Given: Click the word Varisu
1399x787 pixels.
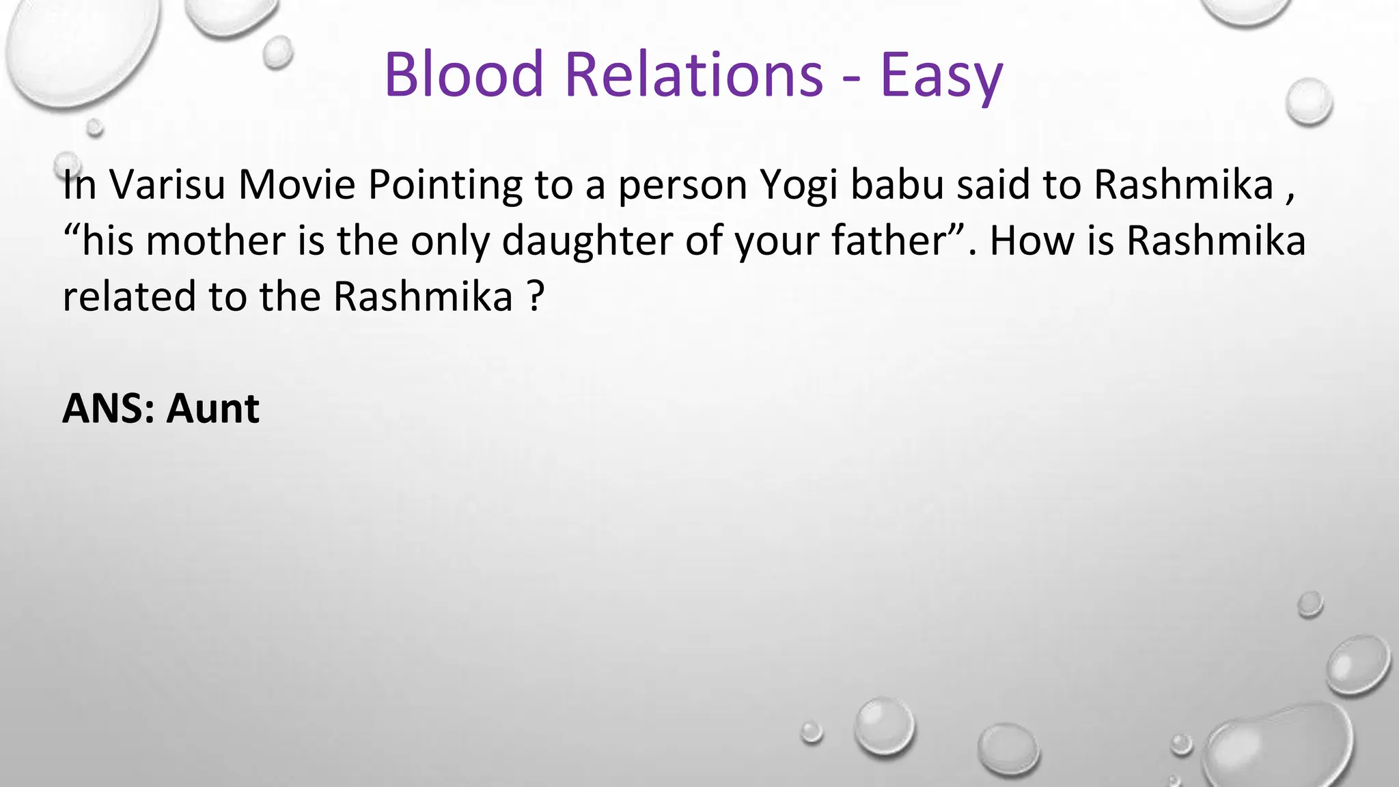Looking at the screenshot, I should [167, 184].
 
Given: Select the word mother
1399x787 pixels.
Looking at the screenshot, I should [216, 240].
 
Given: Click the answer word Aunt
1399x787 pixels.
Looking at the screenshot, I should [213, 409].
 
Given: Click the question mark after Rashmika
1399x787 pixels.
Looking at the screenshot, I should [536, 296].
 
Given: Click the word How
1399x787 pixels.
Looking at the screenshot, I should [1031, 240].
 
